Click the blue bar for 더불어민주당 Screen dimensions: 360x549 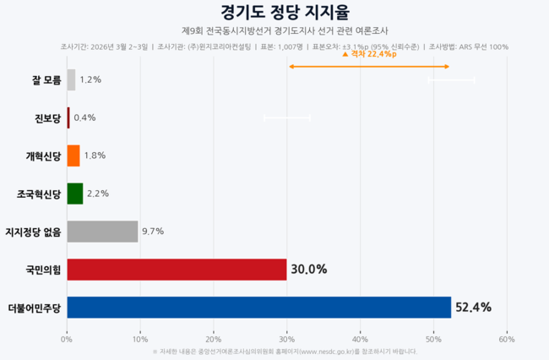[x=258, y=307]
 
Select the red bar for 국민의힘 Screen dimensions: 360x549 [x=177, y=269]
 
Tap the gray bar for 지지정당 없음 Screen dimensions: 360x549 [x=102, y=231]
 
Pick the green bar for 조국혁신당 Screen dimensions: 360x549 [x=75, y=194]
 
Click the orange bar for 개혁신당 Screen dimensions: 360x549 [x=73, y=155]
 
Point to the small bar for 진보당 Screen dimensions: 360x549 [x=68, y=117]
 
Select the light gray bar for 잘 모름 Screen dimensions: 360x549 [x=71, y=79]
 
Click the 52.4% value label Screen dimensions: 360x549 [x=473, y=307]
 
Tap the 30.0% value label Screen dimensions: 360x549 [x=308, y=269]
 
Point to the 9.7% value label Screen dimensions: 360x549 [x=153, y=231]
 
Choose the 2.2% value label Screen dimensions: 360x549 [x=98, y=194]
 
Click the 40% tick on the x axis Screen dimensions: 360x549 [x=361, y=339]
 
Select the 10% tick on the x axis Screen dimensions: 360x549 [x=140, y=339]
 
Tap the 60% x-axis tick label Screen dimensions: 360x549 [x=507, y=339]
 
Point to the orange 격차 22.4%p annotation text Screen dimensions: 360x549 [x=372, y=54]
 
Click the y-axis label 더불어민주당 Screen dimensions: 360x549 [x=34, y=308]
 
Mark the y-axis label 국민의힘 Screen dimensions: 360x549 [x=43, y=270]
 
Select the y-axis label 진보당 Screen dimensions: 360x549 [x=46, y=118]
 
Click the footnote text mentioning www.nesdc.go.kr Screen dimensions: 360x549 [x=285, y=352]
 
